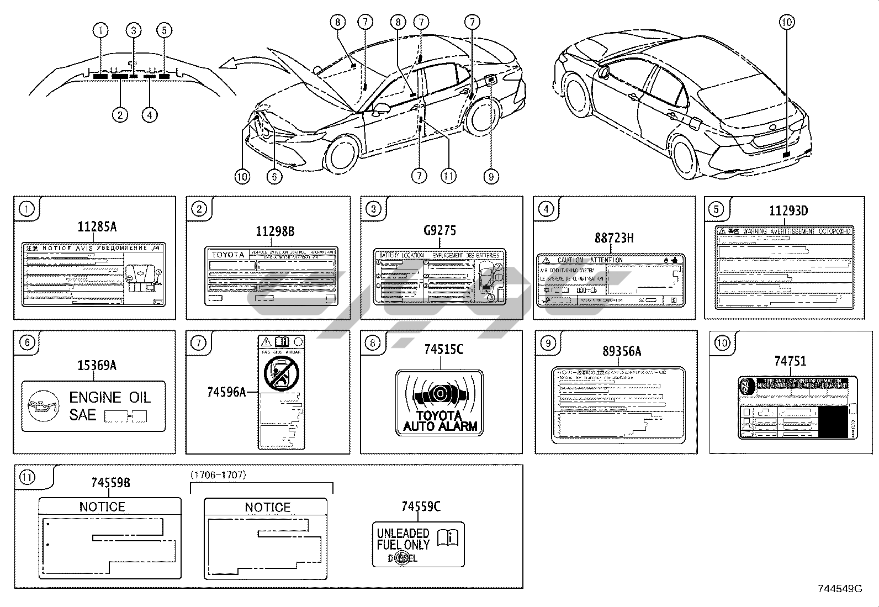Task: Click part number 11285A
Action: click(x=97, y=226)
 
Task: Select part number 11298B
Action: click(x=274, y=231)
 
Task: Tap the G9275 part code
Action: click(x=439, y=230)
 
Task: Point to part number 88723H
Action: click(x=614, y=238)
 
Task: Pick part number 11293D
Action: click(x=788, y=210)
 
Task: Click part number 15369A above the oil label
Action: click(x=97, y=365)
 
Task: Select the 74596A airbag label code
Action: click(x=226, y=392)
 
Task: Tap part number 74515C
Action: click(x=443, y=349)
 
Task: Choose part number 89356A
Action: click(x=622, y=351)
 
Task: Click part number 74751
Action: click(x=790, y=361)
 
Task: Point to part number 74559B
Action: click(x=110, y=483)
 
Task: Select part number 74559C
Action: click(x=421, y=506)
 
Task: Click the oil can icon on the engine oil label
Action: click(x=43, y=406)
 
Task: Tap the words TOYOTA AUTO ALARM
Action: click(x=439, y=421)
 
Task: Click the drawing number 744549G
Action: click(x=839, y=589)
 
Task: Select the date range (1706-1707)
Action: click(x=218, y=475)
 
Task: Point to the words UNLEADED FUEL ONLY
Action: click(x=403, y=539)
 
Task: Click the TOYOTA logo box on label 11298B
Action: click(x=228, y=255)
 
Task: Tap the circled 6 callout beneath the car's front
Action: click(x=274, y=176)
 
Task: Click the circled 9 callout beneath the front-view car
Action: click(x=490, y=176)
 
